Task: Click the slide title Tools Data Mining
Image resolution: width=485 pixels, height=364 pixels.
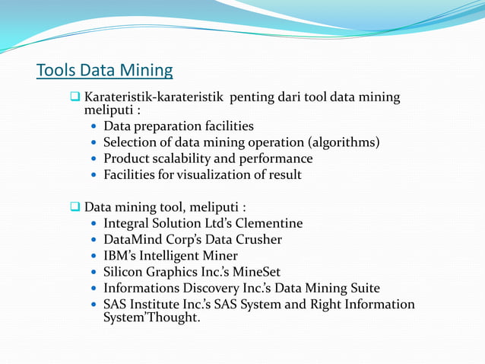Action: (105, 72)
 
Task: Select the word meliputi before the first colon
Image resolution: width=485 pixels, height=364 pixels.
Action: (107, 110)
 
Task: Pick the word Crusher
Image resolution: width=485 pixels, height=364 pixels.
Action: (257, 240)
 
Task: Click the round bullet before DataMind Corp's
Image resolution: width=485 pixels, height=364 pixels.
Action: (94, 241)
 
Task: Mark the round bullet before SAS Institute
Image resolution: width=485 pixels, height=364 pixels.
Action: (94, 305)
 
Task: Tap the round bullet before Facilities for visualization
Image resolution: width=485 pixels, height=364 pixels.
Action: (94, 176)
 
